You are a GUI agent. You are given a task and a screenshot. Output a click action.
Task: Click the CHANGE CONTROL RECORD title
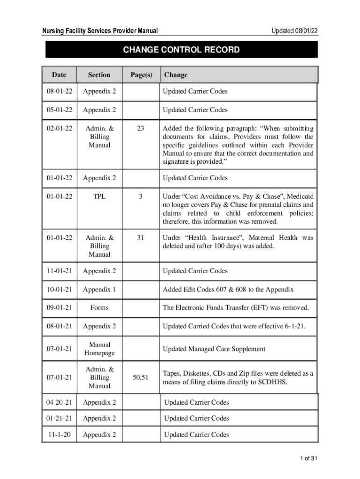pos(181,50)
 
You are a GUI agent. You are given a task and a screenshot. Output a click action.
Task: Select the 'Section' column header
pos(99,75)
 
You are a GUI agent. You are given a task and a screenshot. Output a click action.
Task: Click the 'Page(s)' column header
pos(141,75)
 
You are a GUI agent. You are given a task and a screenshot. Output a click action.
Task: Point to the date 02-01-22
pos(59,128)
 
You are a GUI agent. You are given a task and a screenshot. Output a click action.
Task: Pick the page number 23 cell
pos(141,128)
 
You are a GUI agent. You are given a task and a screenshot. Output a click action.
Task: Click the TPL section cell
pos(99,196)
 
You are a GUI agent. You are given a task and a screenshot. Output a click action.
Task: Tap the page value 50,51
pos(141,377)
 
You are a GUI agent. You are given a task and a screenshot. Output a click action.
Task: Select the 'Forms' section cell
pos(99,307)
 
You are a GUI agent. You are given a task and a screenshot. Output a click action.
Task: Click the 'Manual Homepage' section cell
pos(99,349)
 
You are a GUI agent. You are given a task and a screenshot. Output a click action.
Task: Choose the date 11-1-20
pos(59,435)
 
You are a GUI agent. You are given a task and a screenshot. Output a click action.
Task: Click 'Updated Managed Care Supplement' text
pos(214,349)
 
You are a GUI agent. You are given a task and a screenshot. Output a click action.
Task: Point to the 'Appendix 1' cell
pos(99,290)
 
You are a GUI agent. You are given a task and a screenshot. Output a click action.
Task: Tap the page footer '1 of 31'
pos(309,459)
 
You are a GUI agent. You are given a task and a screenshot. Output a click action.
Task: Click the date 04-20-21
pos(59,402)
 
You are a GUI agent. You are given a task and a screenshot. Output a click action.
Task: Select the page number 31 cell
pos(141,238)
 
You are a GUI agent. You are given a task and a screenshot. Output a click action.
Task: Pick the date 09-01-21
pos(59,307)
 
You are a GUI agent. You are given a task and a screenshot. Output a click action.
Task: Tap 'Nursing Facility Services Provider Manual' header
pos(100,31)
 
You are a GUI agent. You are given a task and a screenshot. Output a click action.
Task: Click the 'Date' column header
pos(59,75)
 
